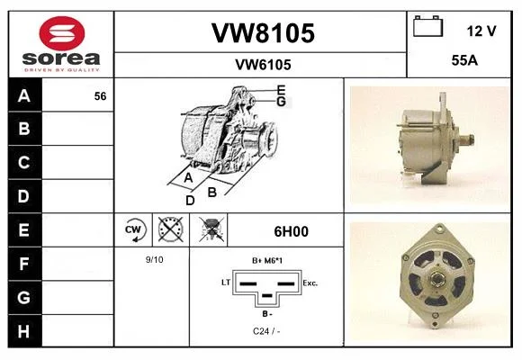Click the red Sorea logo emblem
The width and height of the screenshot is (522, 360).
pos(62,33)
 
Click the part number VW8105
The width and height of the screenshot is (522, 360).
pos(263,33)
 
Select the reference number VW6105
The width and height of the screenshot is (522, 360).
pos(263,65)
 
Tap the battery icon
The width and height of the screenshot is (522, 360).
pos(428,26)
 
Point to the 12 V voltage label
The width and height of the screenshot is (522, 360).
pos(481,31)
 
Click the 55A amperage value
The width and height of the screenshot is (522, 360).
pos(464,60)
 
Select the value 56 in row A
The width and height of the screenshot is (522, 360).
pos(100,96)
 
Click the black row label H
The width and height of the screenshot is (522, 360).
pos(24,331)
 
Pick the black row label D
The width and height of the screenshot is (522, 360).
pos(24,196)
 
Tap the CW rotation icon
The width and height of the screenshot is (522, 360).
pos(133,229)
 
